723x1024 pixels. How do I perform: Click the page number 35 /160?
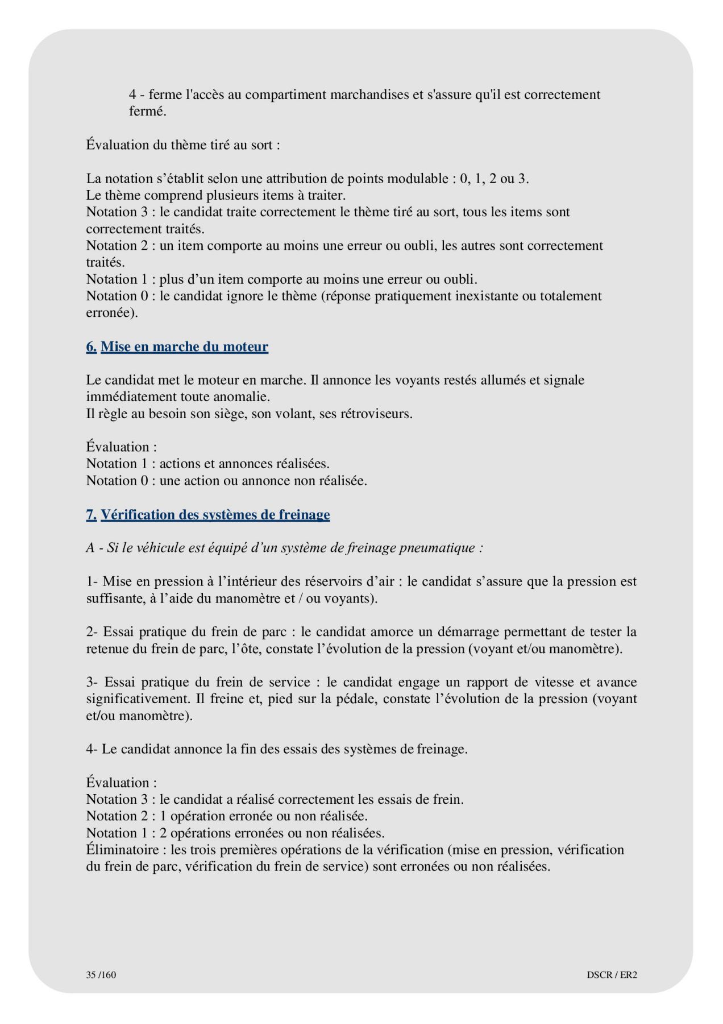click(x=101, y=975)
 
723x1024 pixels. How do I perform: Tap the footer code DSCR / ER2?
click(x=612, y=975)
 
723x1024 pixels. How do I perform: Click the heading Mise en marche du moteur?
click(x=184, y=346)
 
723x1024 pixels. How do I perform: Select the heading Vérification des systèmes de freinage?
click(x=215, y=515)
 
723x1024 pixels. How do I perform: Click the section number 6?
click(x=91, y=346)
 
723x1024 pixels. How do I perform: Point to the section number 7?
click(x=91, y=515)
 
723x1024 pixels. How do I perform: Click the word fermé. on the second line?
click(x=147, y=112)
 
